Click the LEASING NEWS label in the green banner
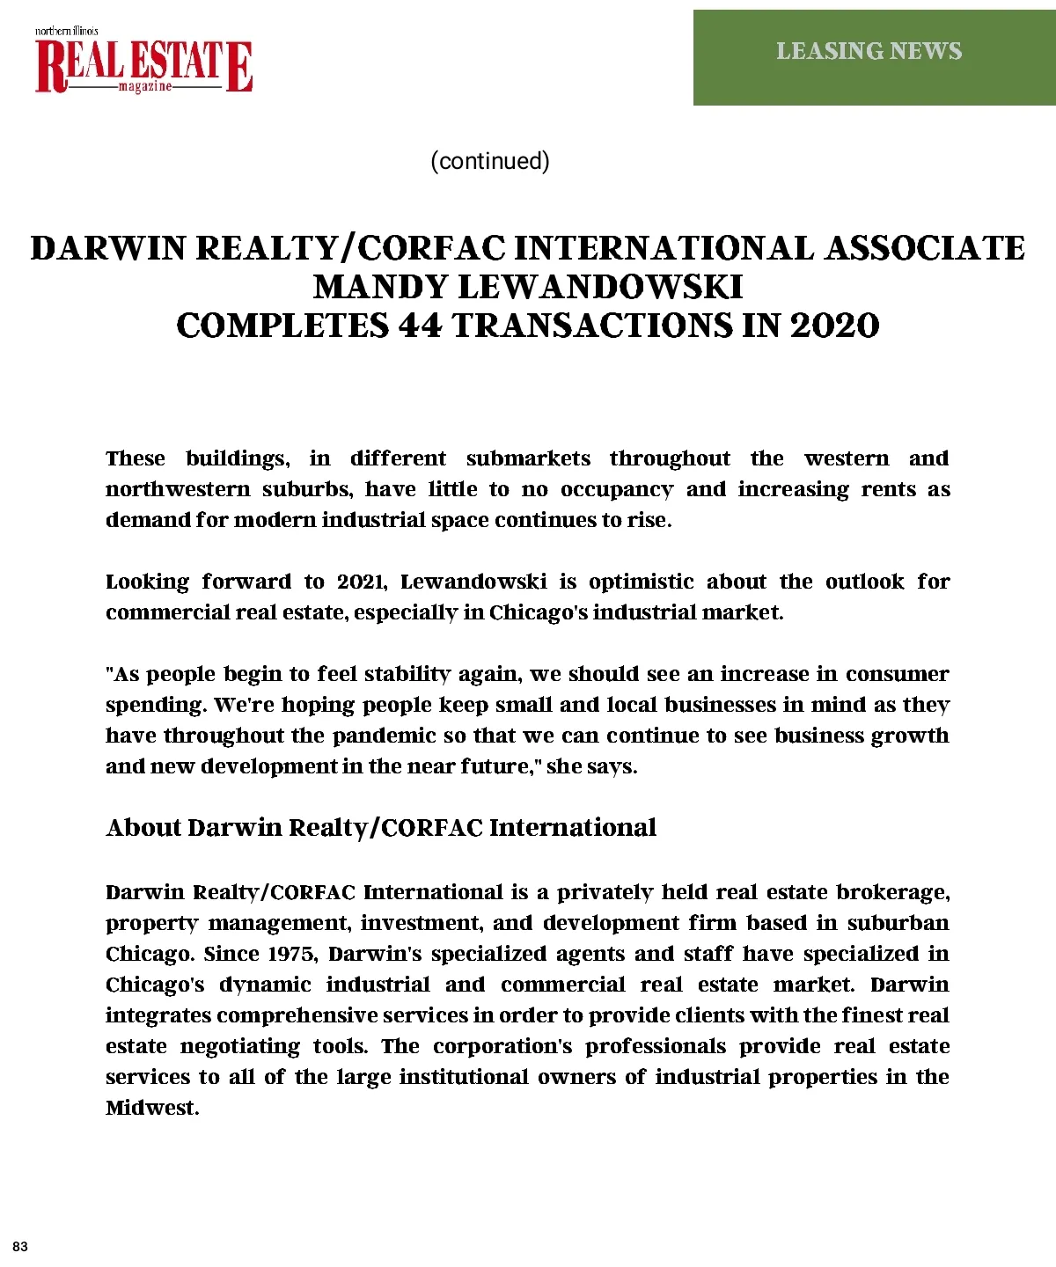(869, 51)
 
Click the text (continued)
(490, 161)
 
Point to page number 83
(20, 1247)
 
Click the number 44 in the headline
(421, 326)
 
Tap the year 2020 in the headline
(834, 326)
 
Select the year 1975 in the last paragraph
(290, 954)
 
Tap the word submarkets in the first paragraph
(528, 458)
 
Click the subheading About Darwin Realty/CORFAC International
(381, 828)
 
